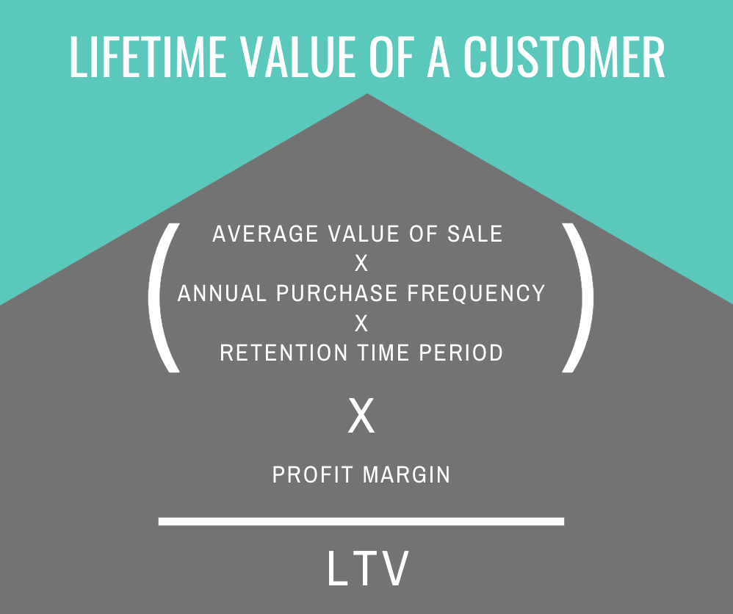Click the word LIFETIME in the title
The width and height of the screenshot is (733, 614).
(148, 57)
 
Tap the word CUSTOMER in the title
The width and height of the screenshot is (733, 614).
(564, 57)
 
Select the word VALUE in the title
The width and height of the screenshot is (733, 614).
(297, 57)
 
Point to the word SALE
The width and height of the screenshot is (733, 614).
(475, 234)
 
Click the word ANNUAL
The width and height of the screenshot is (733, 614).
(222, 293)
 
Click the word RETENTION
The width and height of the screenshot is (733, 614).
(284, 353)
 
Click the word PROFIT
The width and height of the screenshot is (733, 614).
(312, 474)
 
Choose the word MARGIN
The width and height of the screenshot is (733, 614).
(406, 474)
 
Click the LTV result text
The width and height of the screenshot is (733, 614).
(368, 568)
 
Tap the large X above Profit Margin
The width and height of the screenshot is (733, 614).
(361, 416)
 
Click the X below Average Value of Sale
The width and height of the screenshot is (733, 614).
(361, 264)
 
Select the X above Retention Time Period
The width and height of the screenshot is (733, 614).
(361, 323)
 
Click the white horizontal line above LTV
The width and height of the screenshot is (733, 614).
(361, 521)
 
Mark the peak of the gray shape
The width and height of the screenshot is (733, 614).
(367, 94)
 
